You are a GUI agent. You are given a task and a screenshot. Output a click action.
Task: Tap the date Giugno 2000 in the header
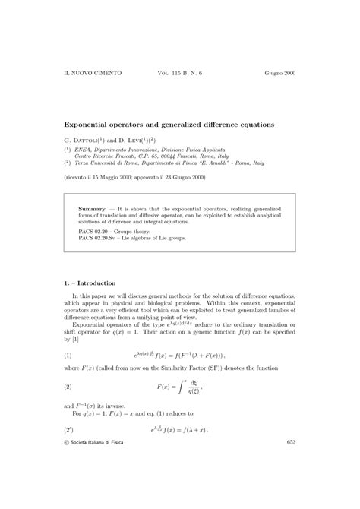click(x=280, y=73)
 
